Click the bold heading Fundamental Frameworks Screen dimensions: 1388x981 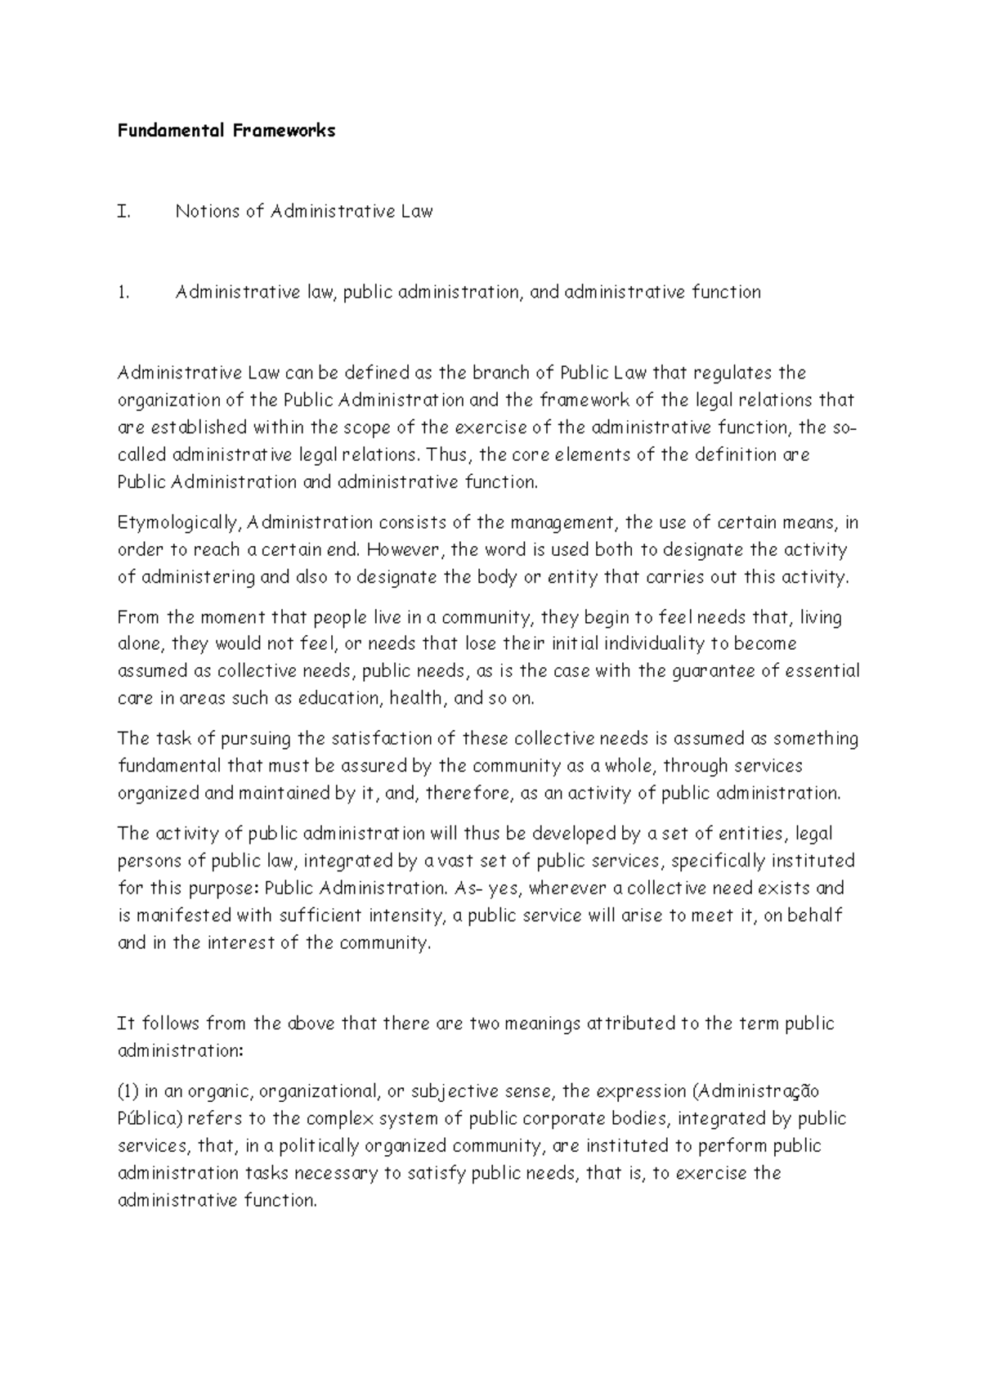pyautogui.click(x=226, y=131)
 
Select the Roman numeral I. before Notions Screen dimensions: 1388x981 pyautogui.click(x=123, y=212)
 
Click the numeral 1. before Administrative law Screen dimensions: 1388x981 pyautogui.click(x=123, y=293)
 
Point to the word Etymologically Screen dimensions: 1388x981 pyautogui.click(x=180, y=523)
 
